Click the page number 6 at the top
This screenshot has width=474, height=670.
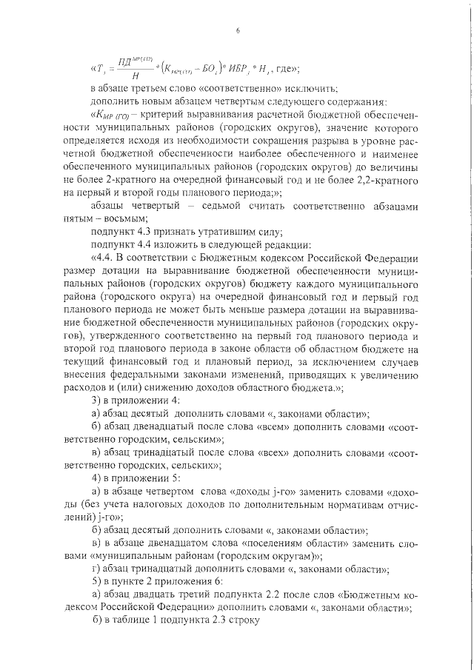pyautogui.click(x=238, y=30)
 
